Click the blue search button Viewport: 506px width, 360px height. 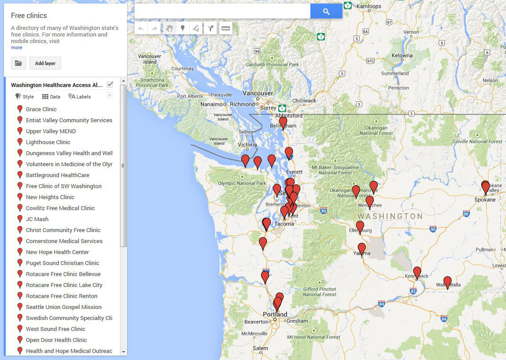click(x=326, y=11)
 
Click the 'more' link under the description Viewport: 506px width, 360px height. click(x=16, y=47)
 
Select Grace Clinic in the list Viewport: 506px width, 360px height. click(x=41, y=109)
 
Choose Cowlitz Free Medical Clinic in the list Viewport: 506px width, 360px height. click(x=60, y=208)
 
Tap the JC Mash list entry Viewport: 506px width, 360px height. click(x=37, y=219)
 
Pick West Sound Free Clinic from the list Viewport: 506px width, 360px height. click(x=55, y=329)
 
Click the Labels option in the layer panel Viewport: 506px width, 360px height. click(x=80, y=97)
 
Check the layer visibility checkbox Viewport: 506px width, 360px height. click(x=110, y=84)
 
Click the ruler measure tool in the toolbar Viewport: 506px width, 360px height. click(x=226, y=29)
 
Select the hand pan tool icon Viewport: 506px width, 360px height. click(x=169, y=29)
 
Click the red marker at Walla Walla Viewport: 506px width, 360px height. click(x=448, y=281)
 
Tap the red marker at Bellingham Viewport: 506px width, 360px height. click(x=283, y=122)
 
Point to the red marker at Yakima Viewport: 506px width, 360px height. click(x=362, y=249)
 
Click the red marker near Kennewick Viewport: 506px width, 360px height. click(x=417, y=272)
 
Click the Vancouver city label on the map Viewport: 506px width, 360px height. click(x=258, y=93)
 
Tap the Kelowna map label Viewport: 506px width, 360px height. click(x=402, y=55)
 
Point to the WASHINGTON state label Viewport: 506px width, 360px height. click(x=390, y=216)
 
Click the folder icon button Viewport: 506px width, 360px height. click(x=18, y=63)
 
